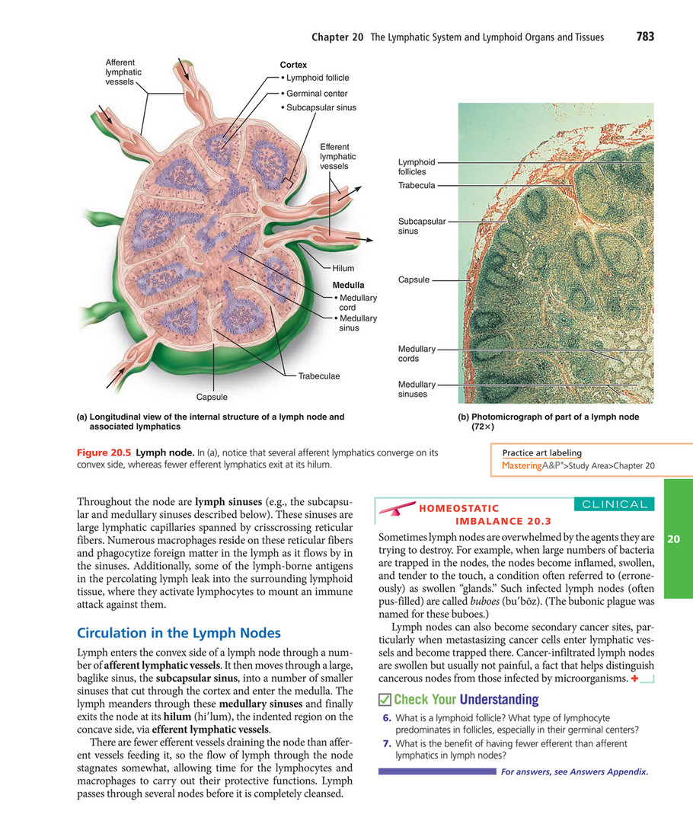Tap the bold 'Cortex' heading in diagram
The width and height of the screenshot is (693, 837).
[x=293, y=65]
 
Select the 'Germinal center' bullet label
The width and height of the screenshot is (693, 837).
[x=316, y=93]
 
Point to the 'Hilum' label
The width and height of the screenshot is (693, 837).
[x=343, y=268]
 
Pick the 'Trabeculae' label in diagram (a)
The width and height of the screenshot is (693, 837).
[x=319, y=375]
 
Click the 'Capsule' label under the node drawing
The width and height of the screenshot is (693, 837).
[x=212, y=397]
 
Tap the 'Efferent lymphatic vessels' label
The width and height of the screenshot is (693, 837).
[x=334, y=156]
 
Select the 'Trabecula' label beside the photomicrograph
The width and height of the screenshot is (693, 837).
[x=417, y=185]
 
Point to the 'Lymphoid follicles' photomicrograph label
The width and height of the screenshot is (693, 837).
[x=417, y=167]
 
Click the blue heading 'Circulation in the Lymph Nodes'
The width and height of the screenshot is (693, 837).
[x=180, y=633]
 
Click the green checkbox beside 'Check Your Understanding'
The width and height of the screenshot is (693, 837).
[x=385, y=699]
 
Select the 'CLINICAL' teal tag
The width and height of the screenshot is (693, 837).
[x=614, y=503]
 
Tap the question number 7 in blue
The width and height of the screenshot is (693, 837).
[x=388, y=743]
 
